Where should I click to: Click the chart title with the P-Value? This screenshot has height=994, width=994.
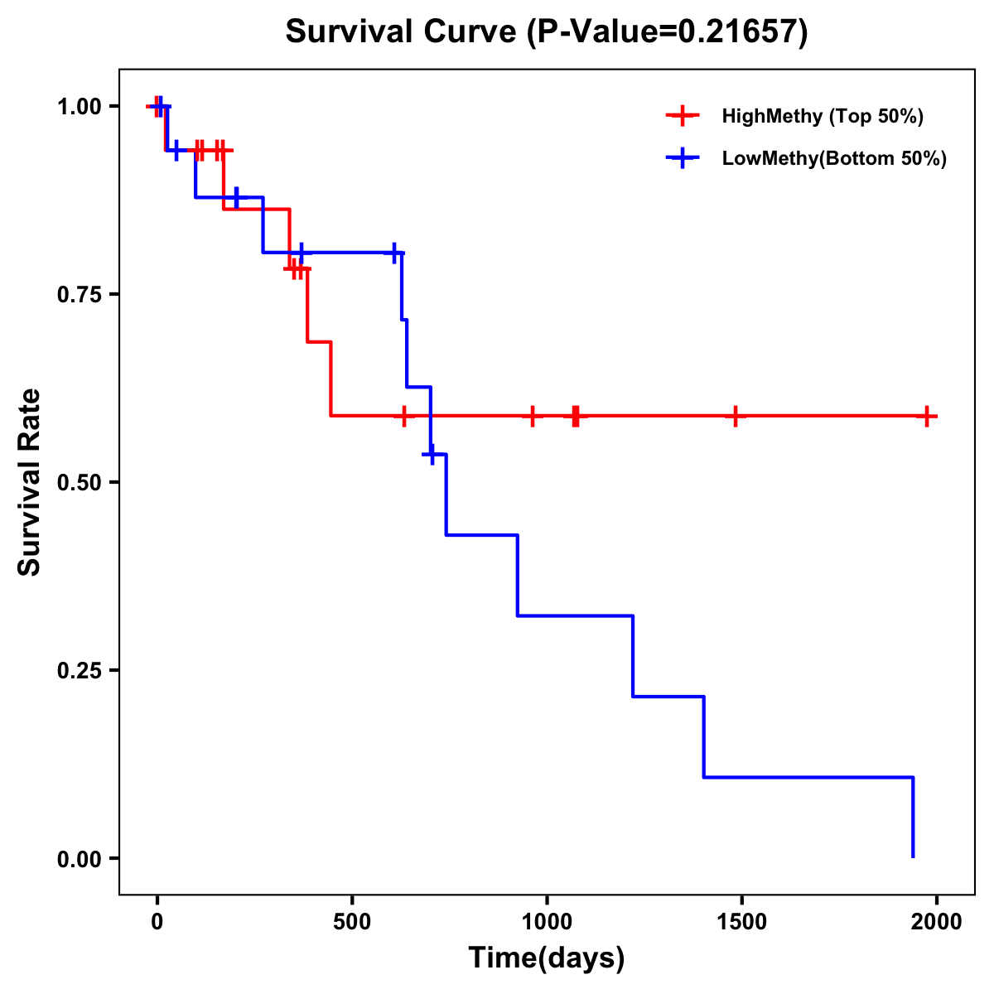tap(546, 31)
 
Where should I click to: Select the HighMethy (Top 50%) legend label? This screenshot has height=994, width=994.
tap(823, 116)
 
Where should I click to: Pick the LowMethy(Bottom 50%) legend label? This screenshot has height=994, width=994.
tap(834, 158)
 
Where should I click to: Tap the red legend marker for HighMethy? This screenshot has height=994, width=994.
tap(682, 116)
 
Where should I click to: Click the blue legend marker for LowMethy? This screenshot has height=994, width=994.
tap(682, 158)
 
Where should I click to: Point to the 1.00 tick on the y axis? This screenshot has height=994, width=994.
tap(79, 107)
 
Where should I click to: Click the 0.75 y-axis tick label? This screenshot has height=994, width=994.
tap(79, 295)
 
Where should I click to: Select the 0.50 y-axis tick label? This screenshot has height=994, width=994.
tap(79, 483)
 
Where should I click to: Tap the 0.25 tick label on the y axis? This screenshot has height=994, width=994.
tap(79, 671)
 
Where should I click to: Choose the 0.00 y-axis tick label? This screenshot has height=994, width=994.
tap(79, 859)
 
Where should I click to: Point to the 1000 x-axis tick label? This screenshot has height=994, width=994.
tap(547, 921)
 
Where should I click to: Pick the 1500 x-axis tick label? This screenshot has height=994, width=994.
tap(741, 921)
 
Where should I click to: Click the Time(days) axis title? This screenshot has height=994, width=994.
tap(547, 958)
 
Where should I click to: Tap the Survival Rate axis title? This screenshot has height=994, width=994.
tap(30, 482)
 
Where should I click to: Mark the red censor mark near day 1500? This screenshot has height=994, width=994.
tap(735, 416)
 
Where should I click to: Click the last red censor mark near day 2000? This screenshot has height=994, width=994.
tap(928, 416)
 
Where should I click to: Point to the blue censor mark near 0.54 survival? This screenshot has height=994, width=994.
tap(432, 454)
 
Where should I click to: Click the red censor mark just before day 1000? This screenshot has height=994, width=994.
tap(532, 416)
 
